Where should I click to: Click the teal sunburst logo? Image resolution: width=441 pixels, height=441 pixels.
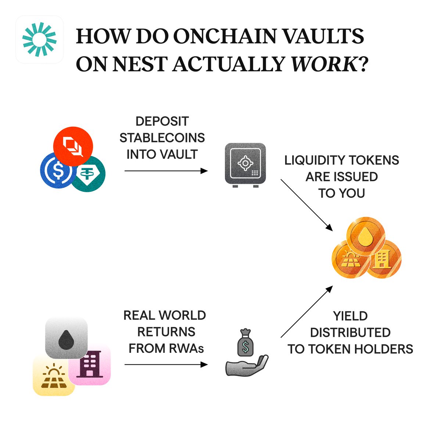(39, 39)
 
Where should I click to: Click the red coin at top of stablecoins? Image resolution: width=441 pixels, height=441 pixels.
(73, 145)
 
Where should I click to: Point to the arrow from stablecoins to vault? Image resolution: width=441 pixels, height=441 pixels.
(166, 171)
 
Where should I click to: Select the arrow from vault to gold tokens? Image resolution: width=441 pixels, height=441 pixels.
(306, 205)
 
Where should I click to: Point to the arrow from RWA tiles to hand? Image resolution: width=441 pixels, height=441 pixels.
(166, 365)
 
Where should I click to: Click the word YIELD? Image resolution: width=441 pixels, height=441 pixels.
(350, 316)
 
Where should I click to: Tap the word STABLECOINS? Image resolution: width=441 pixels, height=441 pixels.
(162, 138)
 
